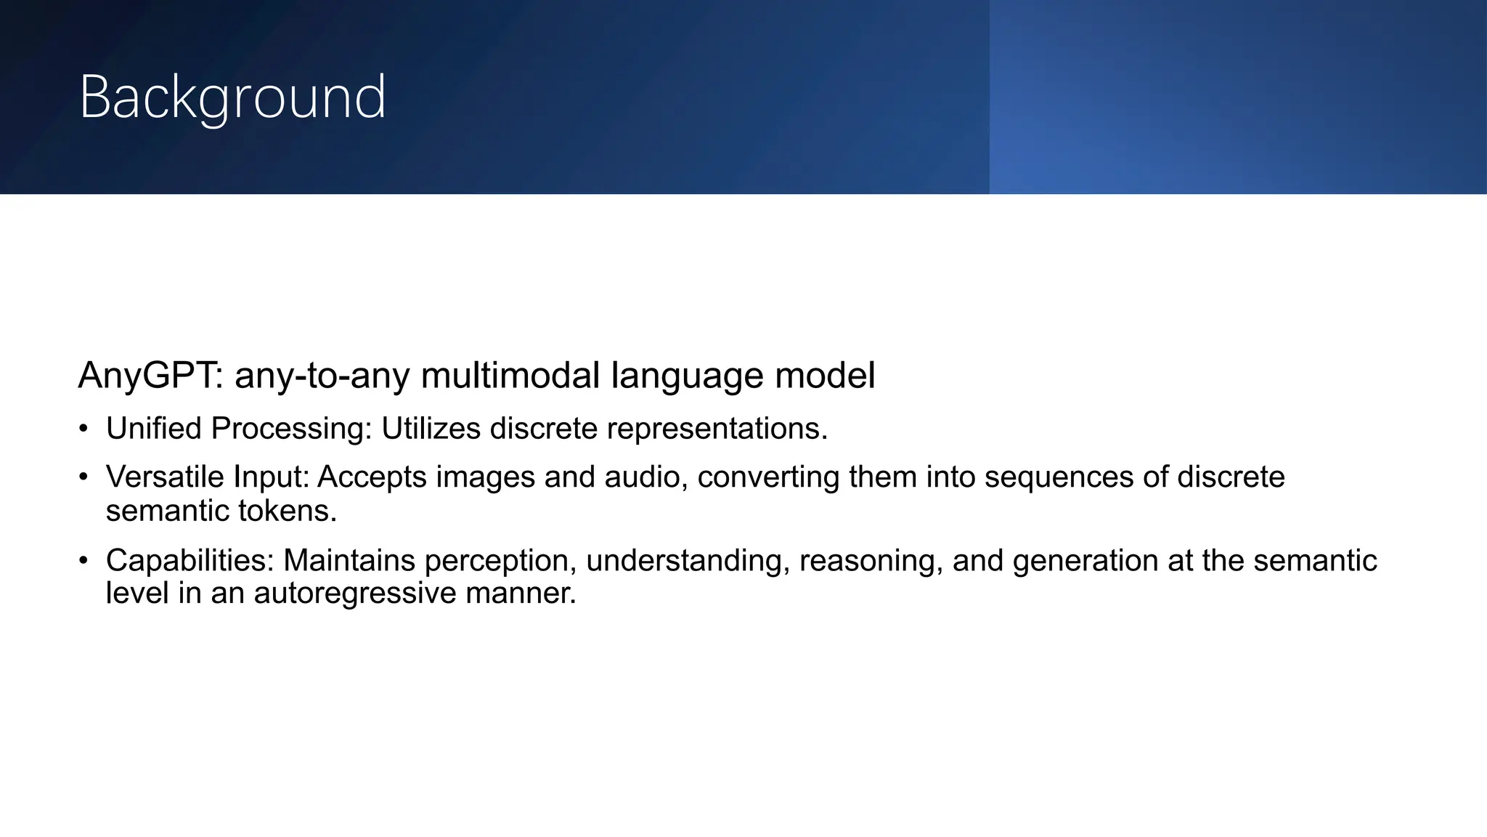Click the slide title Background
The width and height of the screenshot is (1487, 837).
coord(232,97)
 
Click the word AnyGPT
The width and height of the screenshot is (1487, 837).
coord(150,376)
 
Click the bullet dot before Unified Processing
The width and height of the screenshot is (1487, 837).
coord(83,429)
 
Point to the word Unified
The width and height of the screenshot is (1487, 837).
coord(154,429)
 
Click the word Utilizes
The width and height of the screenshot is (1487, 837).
coord(431,429)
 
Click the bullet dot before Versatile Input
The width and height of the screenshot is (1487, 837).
coord(83,477)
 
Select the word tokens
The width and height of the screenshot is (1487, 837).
coord(294,511)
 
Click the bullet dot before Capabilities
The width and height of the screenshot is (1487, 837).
coord(83,561)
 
